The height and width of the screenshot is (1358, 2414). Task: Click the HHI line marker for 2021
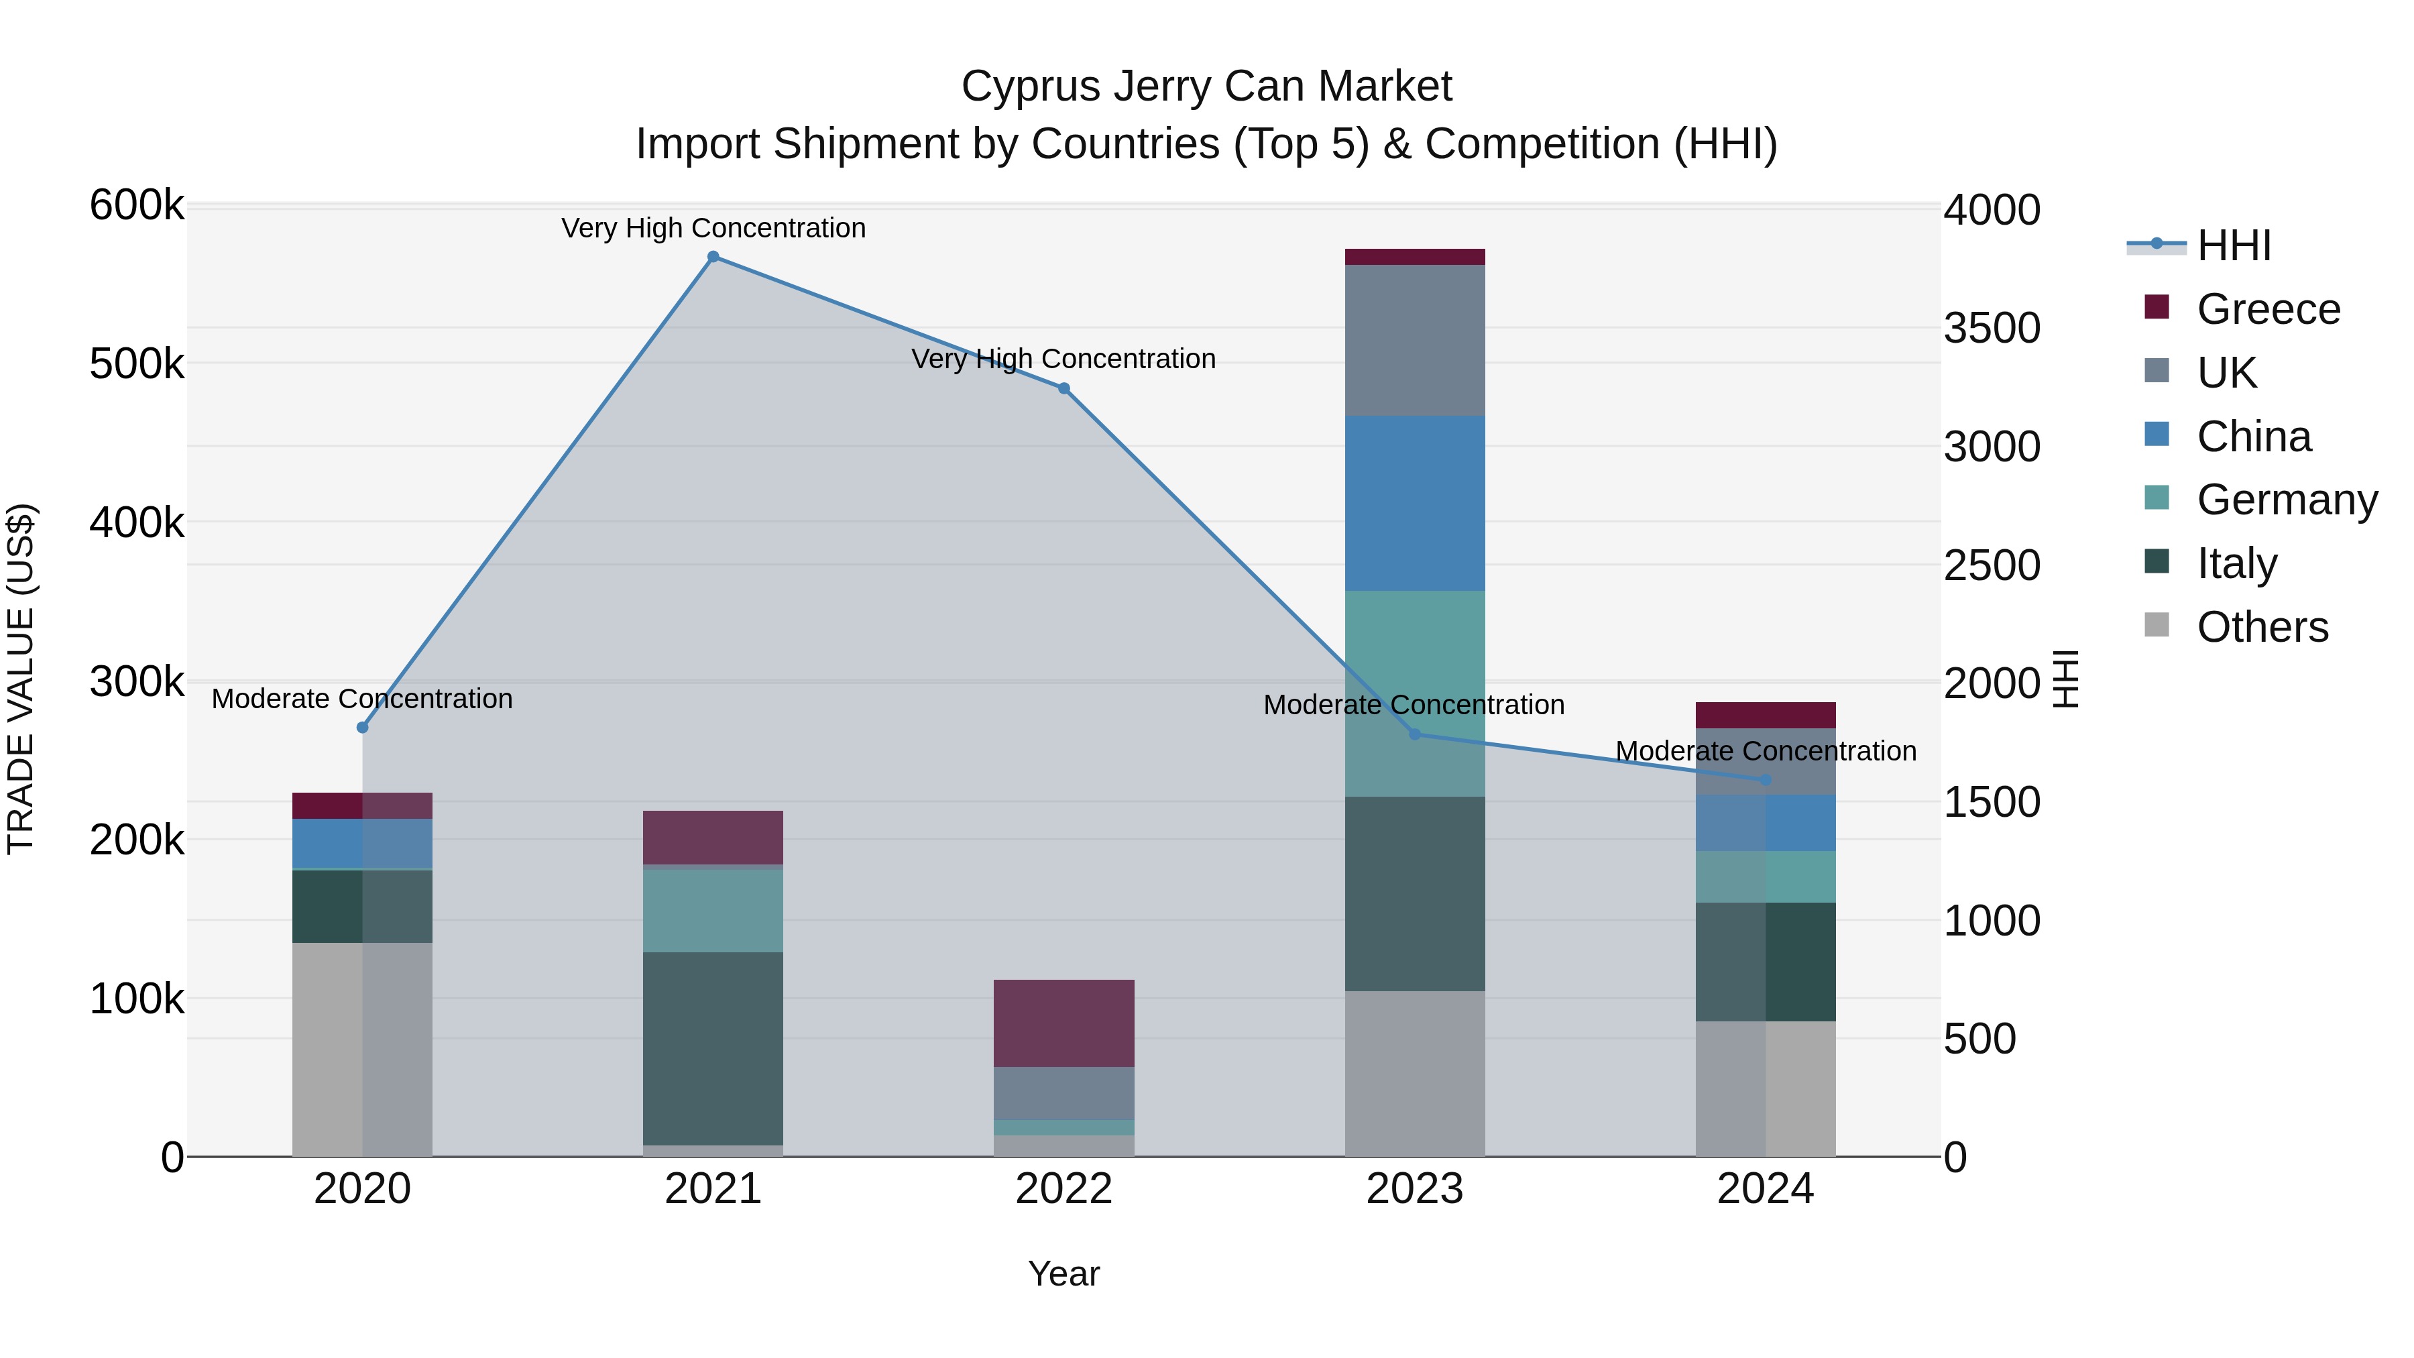(713, 257)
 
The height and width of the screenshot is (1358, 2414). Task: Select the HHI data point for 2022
(1064, 389)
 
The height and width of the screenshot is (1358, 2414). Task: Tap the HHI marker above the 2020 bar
(363, 727)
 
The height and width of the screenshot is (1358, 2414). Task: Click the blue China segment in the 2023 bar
(1414, 503)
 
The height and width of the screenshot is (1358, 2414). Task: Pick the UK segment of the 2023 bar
(1414, 340)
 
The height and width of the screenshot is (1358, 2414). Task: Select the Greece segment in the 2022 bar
(1064, 1023)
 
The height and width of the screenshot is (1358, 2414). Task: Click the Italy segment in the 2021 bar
(713, 1048)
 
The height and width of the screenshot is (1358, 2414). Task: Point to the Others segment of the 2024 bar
(1766, 1088)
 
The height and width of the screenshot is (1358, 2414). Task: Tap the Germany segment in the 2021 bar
(713, 910)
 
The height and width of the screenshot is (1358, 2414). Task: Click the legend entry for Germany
(2287, 500)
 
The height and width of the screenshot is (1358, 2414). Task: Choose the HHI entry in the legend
(2233, 245)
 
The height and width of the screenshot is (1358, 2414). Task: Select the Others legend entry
(2261, 627)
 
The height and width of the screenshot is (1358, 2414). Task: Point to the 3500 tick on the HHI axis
(1992, 328)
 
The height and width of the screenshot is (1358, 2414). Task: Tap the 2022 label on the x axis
(1064, 1189)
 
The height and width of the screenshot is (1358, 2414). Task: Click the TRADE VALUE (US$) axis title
(21, 679)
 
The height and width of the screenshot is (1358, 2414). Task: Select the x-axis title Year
(1064, 1274)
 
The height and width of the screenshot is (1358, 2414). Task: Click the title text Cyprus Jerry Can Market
(1206, 87)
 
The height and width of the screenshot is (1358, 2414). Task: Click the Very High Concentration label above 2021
(713, 228)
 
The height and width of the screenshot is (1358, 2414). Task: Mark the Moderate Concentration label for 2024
(1766, 750)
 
